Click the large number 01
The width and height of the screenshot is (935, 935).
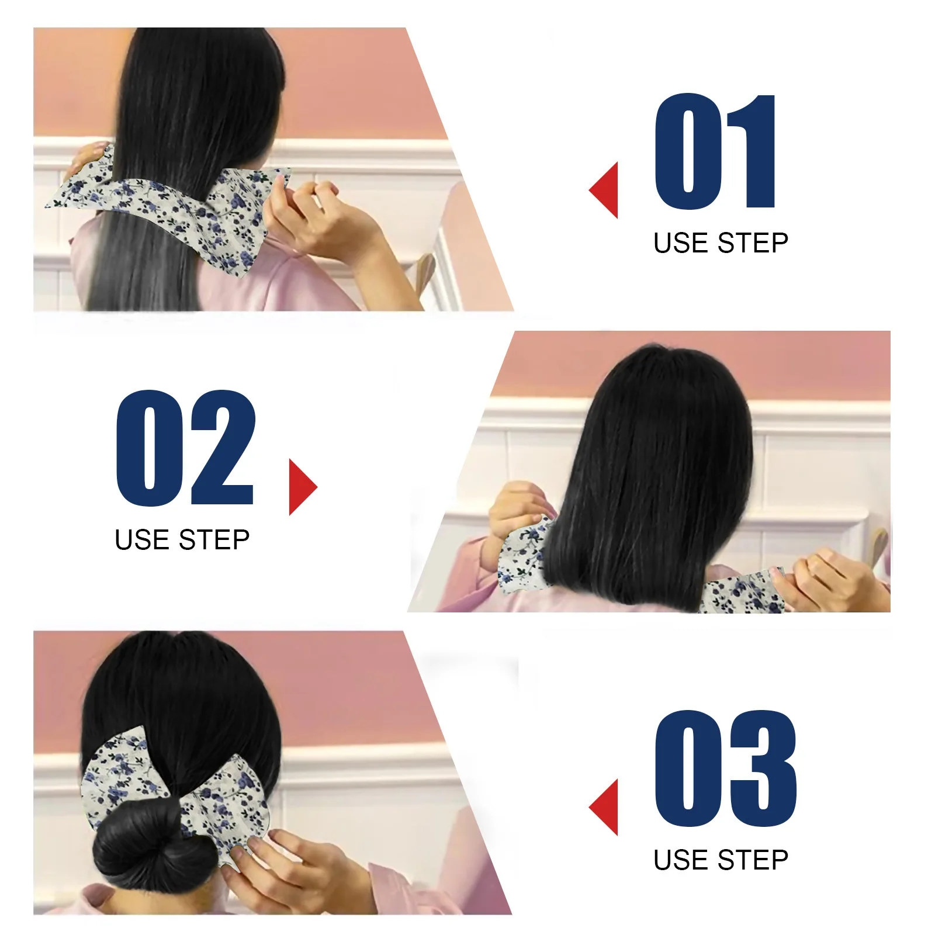716,152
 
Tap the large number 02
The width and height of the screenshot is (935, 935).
186,448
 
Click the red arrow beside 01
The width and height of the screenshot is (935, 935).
605,191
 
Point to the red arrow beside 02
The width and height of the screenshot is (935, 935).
302,487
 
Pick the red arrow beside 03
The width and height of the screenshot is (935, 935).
605,807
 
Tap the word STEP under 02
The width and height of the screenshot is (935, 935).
214,540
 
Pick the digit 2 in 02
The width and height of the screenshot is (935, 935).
222,448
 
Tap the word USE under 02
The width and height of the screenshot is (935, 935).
142,540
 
